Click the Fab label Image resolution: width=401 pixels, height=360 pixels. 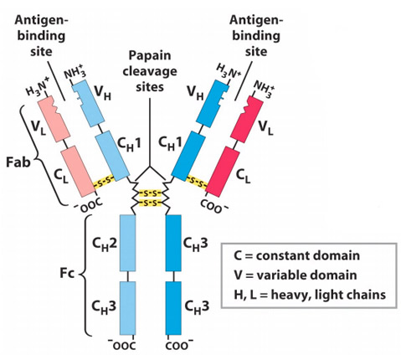18,162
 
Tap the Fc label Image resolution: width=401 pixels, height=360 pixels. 67,273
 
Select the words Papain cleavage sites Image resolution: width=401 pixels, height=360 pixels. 150,71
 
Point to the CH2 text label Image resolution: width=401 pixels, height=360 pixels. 105,244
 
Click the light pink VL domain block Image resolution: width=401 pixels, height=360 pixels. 54,119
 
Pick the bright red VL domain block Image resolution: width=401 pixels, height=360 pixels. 247,118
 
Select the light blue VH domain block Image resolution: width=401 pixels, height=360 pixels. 88,104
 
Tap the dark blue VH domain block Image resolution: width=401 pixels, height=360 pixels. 213,104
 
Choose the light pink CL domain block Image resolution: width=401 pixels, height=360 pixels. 78,171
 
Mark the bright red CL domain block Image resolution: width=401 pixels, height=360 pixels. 223,172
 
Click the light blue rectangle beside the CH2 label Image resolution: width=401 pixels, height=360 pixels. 128,243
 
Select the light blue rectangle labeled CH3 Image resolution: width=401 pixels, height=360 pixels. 128,308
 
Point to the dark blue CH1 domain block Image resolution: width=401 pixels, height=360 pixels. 188,157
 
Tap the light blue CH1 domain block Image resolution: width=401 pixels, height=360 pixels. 112,157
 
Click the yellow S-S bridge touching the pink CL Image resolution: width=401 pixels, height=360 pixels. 104,182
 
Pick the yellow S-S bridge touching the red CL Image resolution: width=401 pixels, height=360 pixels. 197,182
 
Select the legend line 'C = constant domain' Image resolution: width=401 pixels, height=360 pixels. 296,255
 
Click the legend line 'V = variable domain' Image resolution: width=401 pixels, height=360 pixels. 296,275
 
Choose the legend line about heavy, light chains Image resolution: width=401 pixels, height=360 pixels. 310,295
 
